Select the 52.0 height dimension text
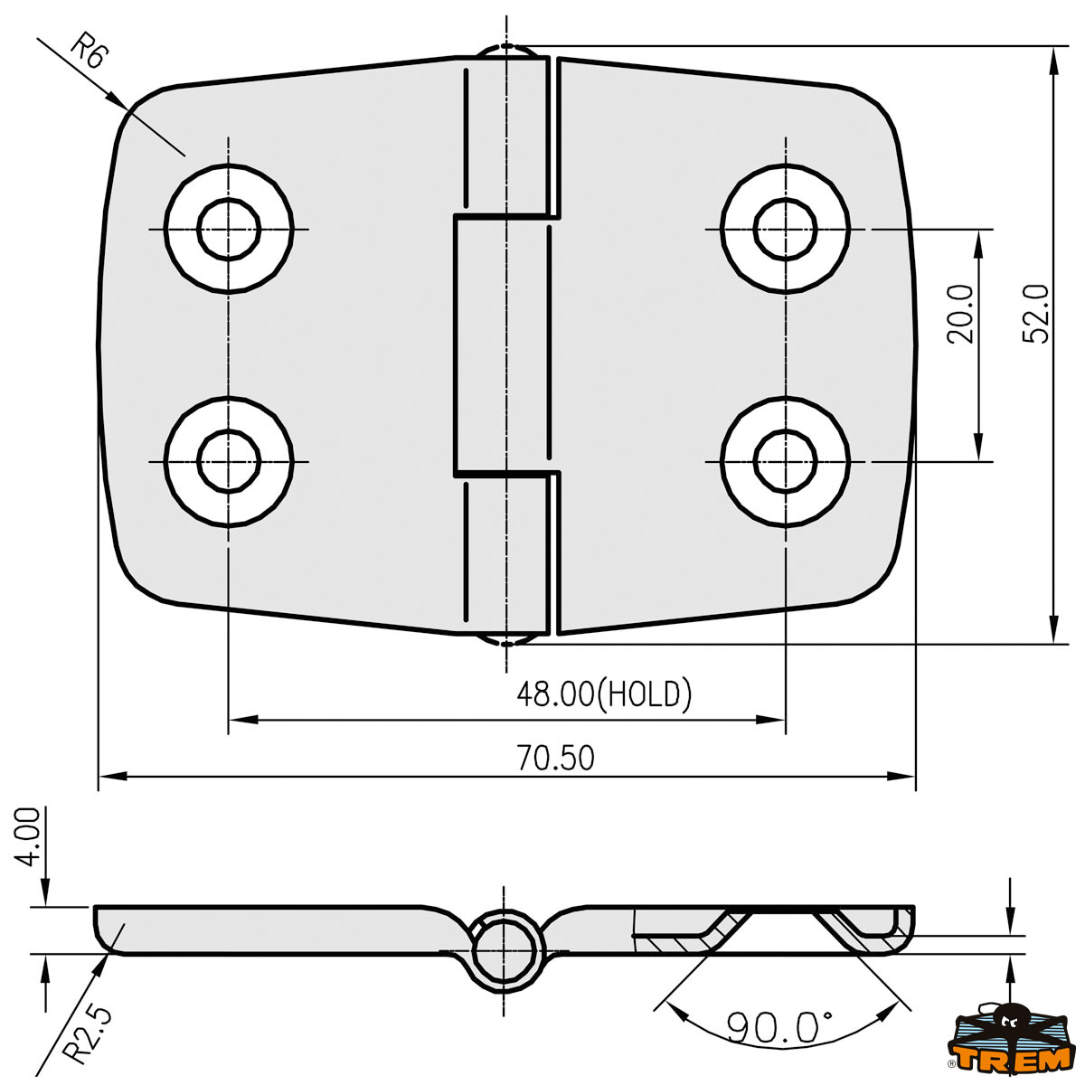1036,313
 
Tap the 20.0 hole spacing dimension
960,314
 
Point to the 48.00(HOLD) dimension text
603,694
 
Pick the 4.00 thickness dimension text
29,836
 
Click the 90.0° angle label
779,1027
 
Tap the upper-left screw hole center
229,229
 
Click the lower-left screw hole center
229,461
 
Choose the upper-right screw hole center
786,229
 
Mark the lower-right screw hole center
786,461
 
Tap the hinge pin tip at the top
506,48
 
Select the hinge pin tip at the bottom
506,641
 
